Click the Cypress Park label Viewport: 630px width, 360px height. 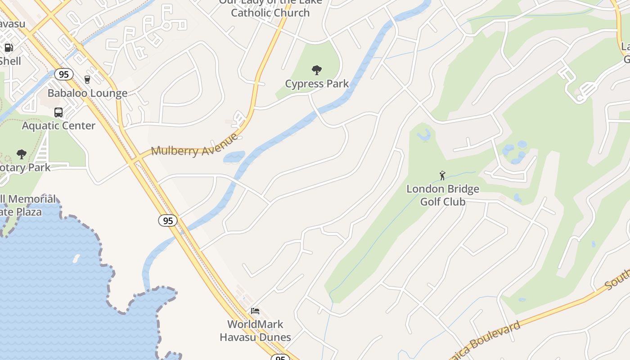(x=317, y=84)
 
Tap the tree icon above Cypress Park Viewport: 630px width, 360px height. (x=317, y=70)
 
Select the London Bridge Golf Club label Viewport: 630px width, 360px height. (x=443, y=195)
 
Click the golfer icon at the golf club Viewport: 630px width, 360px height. (x=442, y=175)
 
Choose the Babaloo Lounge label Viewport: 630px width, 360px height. (x=87, y=94)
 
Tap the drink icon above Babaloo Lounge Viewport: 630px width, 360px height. (x=87, y=80)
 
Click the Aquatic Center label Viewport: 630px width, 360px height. (x=58, y=126)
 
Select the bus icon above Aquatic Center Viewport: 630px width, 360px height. (x=58, y=112)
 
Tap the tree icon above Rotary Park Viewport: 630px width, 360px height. (x=21, y=155)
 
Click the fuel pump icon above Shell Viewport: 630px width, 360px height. (x=9, y=48)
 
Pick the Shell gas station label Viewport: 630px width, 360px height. (x=10, y=61)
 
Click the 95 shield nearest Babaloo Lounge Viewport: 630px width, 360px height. (x=64, y=74)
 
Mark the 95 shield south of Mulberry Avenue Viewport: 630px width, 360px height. (x=168, y=220)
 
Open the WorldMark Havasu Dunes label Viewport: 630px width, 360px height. (x=255, y=330)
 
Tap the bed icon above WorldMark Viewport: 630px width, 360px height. (x=255, y=311)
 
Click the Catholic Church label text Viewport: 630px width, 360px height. (x=270, y=13)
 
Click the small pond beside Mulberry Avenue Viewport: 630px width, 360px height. (x=234, y=157)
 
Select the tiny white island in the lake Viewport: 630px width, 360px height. (x=76, y=258)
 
